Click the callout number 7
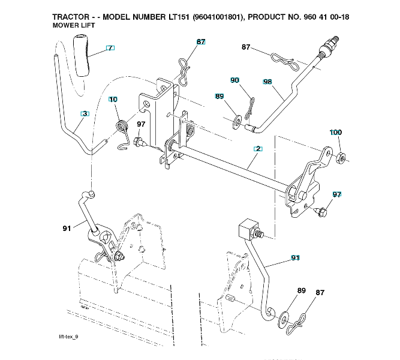(x=110, y=47)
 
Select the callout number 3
(x=85, y=113)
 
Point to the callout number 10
(x=113, y=100)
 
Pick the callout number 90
(x=234, y=80)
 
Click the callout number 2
(x=257, y=148)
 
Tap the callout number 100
(x=336, y=132)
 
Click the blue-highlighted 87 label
(x=200, y=42)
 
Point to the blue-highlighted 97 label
(x=337, y=194)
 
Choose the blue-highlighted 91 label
(x=294, y=257)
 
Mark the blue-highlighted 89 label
(x=219, y=96)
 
